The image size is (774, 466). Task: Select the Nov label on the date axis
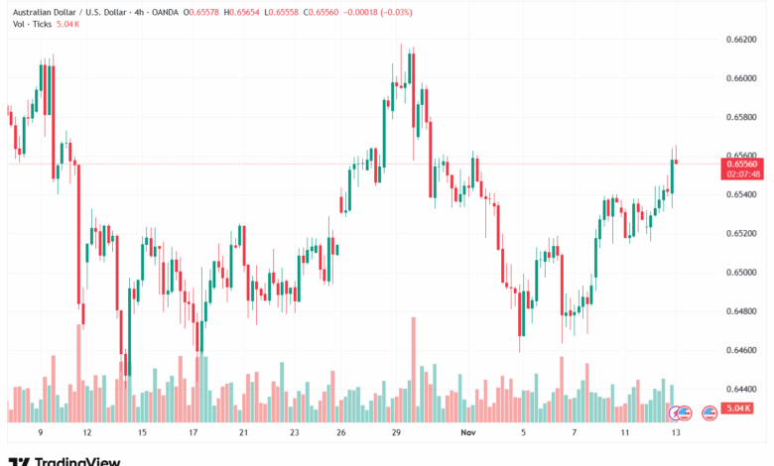(x=468, y=432)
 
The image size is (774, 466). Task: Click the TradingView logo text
(x=77, y=460)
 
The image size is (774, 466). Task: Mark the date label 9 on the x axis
(x=41, y=432)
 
